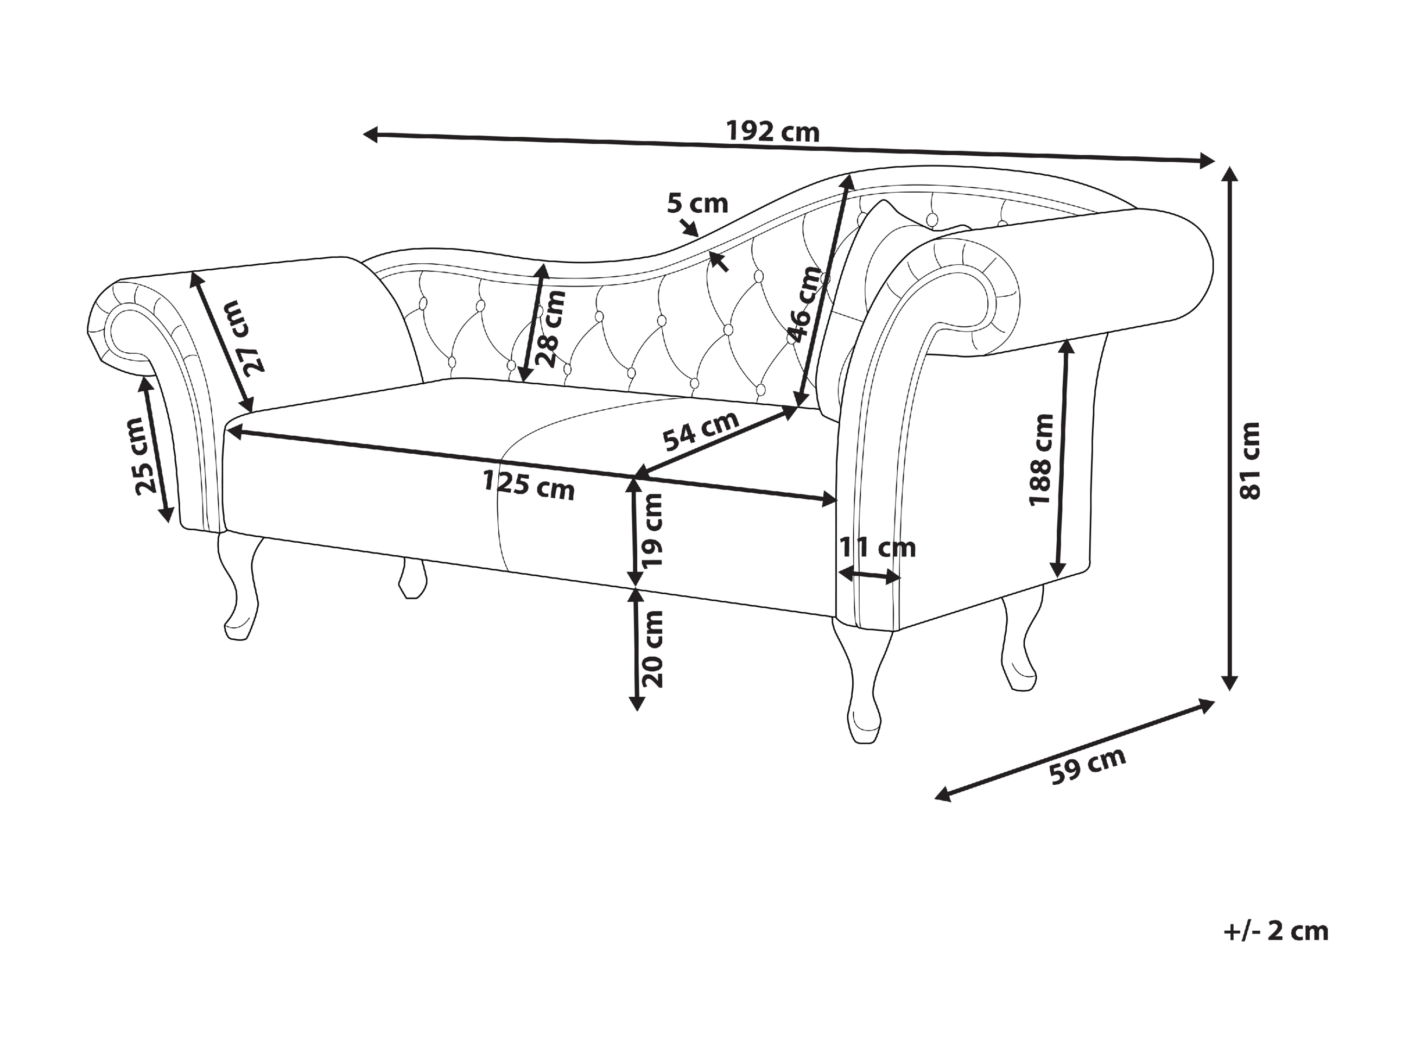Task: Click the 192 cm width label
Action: (x=773, y=132)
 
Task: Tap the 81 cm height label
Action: (x=1249, y=460)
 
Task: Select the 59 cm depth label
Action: (x=1088, y=765)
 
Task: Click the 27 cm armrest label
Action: (x=245, y=337)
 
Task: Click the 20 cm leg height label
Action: (x=652, y=649)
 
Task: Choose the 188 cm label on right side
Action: (x=1041, y=459)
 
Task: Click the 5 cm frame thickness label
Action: (x=697, y=204)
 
